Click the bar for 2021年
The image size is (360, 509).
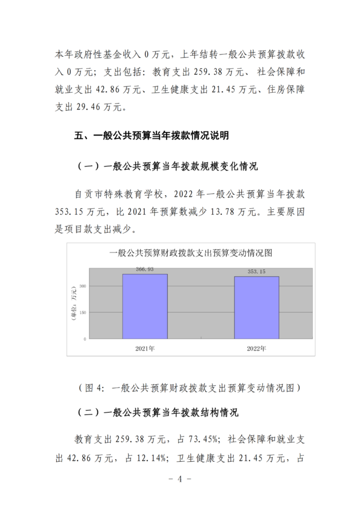(x=145, y=307)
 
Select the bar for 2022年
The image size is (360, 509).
(x=256, y=308)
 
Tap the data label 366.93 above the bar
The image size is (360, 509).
(x=145, y=269)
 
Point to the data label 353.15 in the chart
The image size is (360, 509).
(x=256, y=272)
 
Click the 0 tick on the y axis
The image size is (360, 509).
(x=85, y=339)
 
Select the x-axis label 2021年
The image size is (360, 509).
(x=145, y=349)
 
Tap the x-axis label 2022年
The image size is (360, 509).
(x=256, y=349)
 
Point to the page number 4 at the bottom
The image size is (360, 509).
(x=181, y=479)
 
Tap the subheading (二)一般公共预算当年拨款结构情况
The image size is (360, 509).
(x=157, y=413)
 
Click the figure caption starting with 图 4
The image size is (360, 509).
(x=191, y=388)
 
